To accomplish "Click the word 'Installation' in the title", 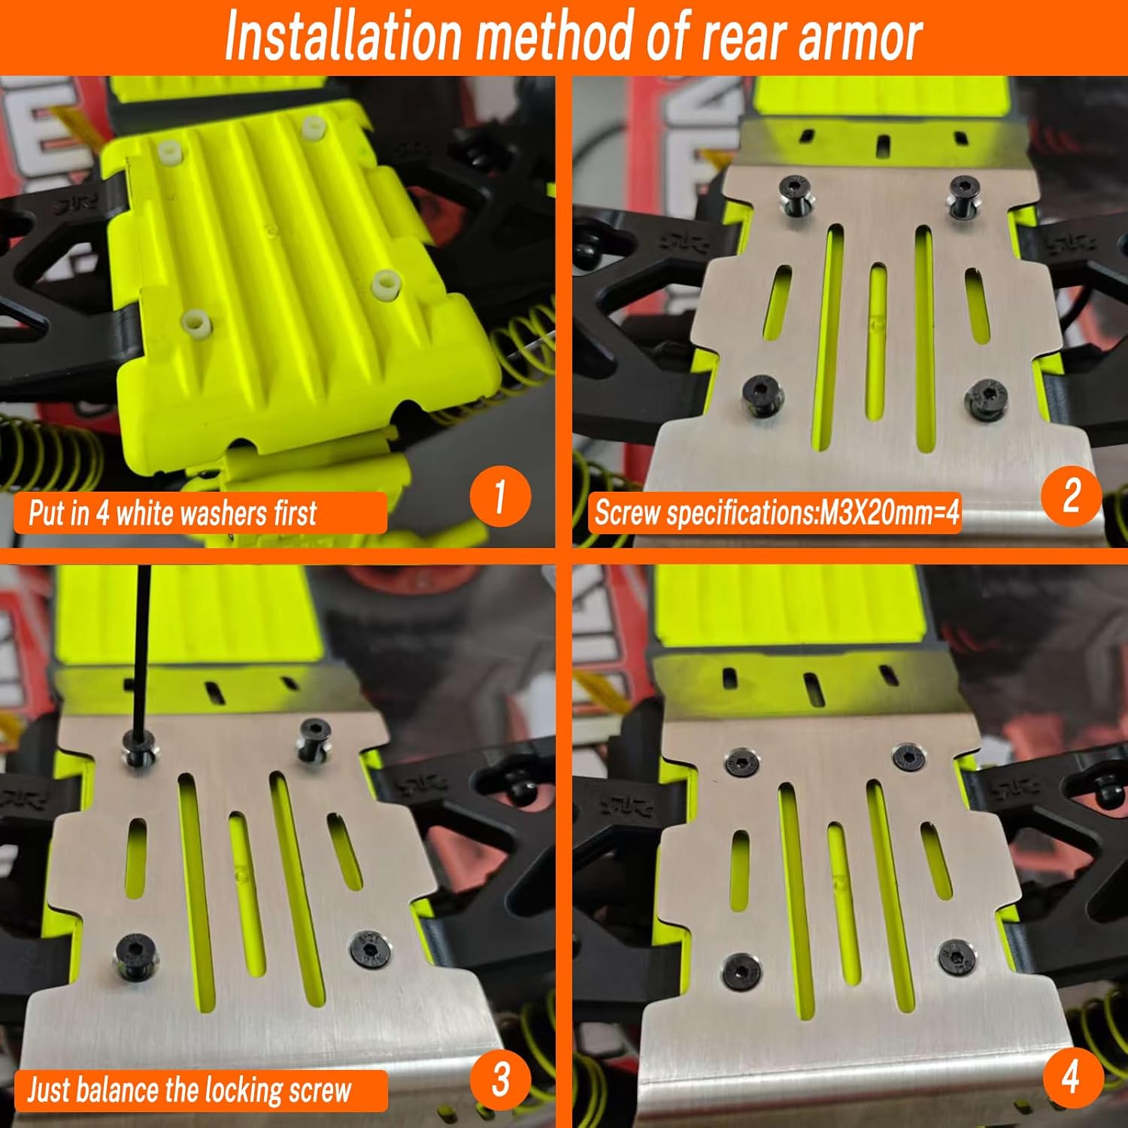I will click(x=343, y=36).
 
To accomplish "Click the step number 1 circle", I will click(x=500, y=496).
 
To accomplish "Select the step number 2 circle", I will click(x=1071, y=496).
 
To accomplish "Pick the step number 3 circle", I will click(x=500, y=1079).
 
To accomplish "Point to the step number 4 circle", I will click(x=1072, y=1079).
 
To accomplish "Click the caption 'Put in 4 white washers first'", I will click(x=173, y=514).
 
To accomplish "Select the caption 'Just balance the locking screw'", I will click(x=190, y=1090).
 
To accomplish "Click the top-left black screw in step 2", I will click(x=795, y=194).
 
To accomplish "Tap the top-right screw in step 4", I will click(x=908, y=757).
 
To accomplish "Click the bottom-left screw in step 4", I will click(x=741, y=969).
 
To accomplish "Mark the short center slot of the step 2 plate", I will click(x=876, y=338).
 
